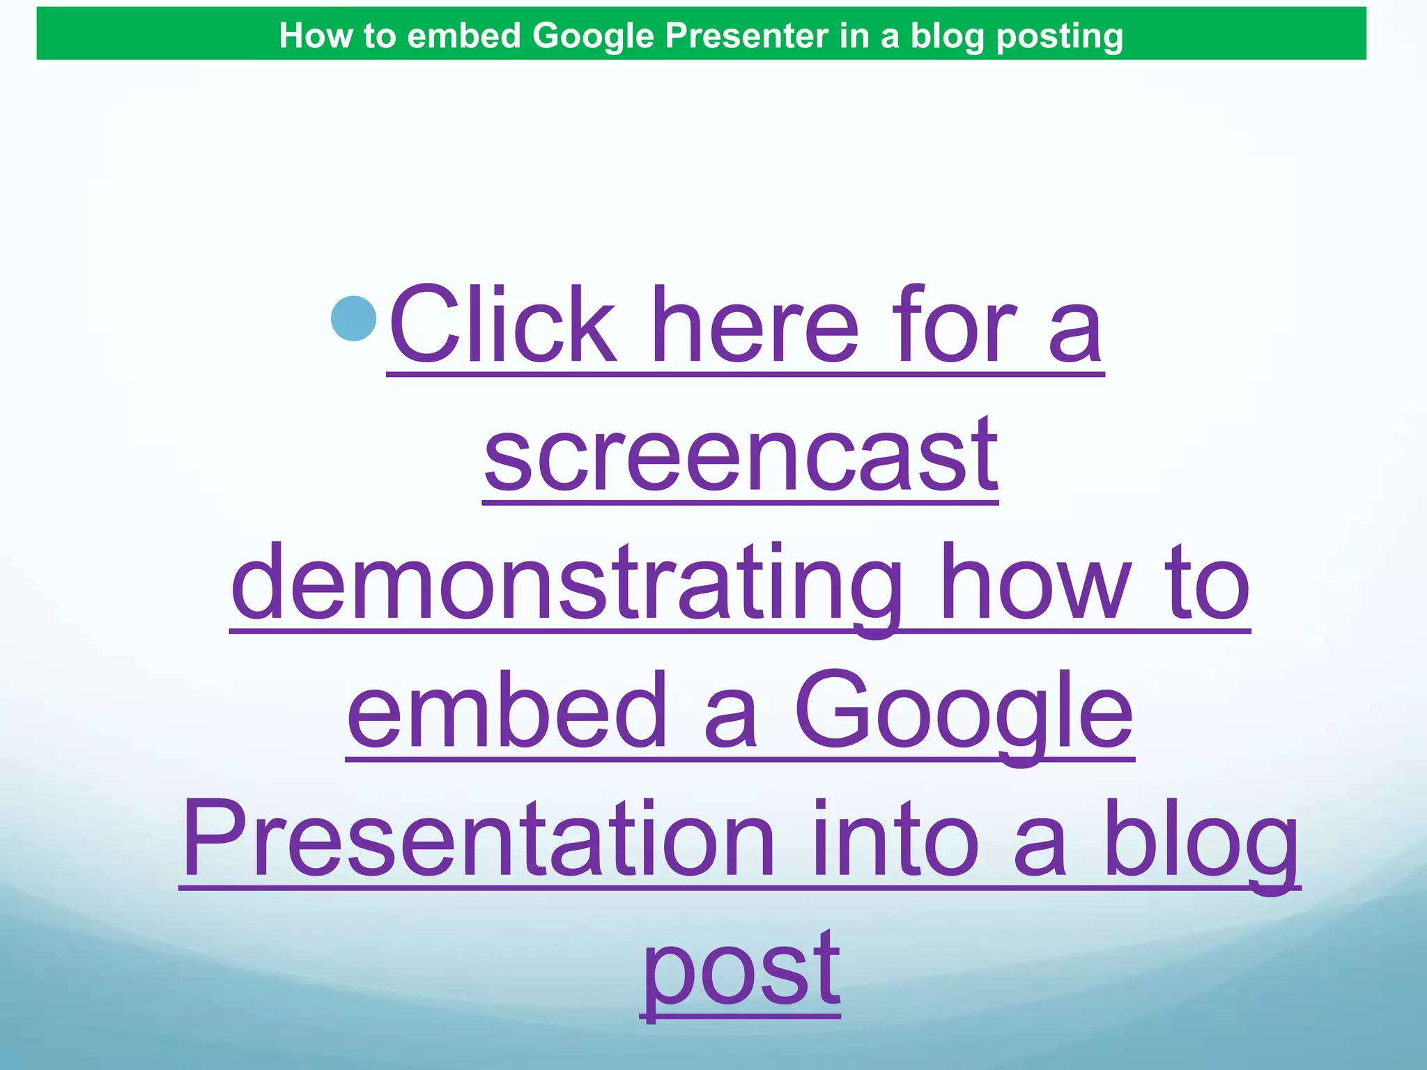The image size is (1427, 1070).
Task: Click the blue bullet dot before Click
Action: click(354, 319)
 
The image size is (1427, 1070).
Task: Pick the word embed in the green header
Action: click(463, 36)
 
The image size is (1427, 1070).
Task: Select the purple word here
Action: click(758, 325)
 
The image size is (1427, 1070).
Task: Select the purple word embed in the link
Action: click(507, 711)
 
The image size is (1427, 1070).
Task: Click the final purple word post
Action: click(741, 970)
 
